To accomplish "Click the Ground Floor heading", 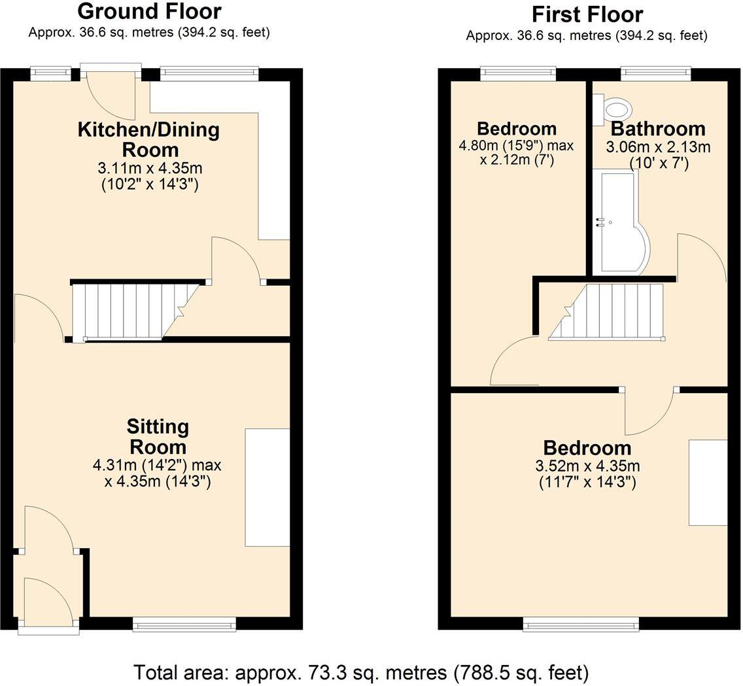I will point(149,11).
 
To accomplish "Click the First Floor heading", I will point(587,14).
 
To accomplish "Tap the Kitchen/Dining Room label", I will point(148,139).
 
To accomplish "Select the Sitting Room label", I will point(158,437).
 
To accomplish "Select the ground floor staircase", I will point(134,311).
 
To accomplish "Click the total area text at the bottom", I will point(361,672).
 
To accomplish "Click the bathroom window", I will point(655,74).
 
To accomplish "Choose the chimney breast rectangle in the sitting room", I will point(267,487).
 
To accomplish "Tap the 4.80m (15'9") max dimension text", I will point(516,145).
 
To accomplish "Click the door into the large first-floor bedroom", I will point(649,412).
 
